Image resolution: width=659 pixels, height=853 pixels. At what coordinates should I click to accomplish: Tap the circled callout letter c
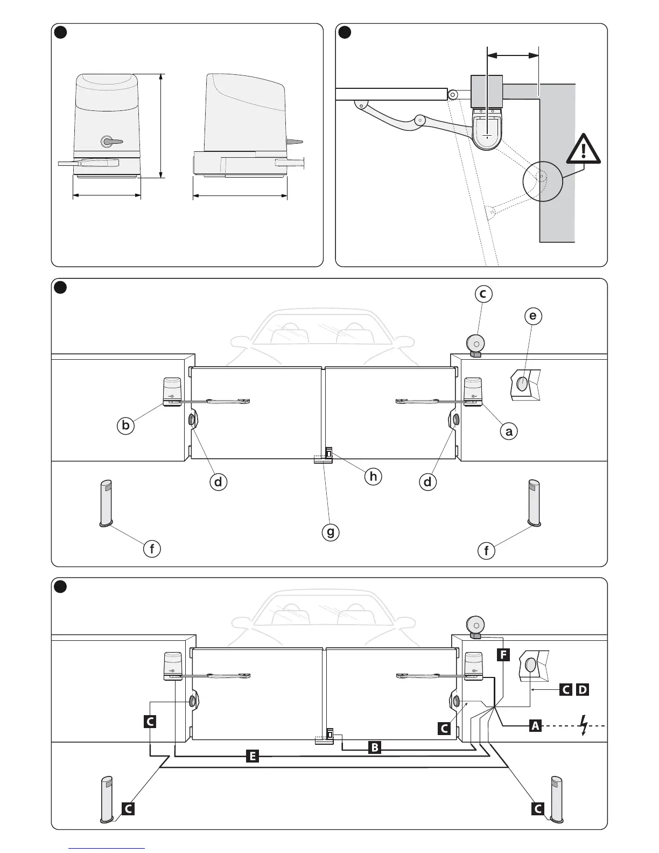click(x=483, y=294)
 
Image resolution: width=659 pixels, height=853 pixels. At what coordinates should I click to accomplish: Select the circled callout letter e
click(x=532, y=316)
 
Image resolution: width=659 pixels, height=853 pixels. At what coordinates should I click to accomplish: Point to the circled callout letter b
click(x=125, y=425)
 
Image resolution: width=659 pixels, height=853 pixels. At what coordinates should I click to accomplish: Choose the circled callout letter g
click(x=330, y=533)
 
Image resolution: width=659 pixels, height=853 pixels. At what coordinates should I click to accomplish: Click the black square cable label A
click(x=534, y=726)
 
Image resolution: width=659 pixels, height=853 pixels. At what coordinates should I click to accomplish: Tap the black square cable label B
click(x=375, y=747)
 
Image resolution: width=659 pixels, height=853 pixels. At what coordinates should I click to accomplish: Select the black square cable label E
click(x=251, y=756)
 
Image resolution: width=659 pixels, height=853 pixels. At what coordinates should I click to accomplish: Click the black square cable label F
click(x=503, y=655)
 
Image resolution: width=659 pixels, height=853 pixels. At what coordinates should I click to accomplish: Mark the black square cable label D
click(x=583, y=689)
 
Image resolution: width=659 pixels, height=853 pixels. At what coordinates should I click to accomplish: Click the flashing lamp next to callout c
click(x=475, y=344)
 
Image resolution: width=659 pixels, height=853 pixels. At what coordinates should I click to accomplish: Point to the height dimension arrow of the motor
click(x=162, y=125)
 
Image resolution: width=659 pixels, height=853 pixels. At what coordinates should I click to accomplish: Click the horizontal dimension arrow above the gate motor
click(x=513, y=54)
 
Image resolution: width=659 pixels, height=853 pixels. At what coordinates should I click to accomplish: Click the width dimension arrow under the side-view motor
click(x=240, y=196)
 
